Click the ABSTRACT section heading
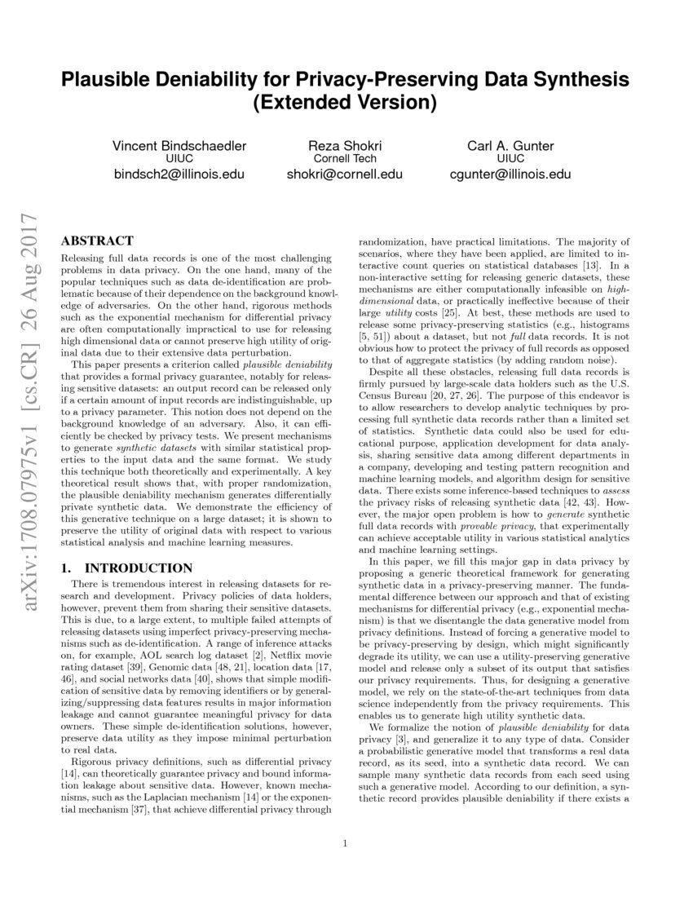point(98,241)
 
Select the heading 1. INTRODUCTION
point(128,568)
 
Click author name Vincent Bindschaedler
point(179,146)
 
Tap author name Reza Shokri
point(345,146)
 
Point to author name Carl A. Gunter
point(510,146)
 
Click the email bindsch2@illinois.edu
point(179,174)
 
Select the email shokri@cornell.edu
point(345,174)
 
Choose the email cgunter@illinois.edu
point(510,174)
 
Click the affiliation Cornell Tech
point(345,159)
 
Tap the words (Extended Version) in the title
point(346,104)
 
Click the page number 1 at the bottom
point(346,843)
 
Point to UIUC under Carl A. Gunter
point(510,159)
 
